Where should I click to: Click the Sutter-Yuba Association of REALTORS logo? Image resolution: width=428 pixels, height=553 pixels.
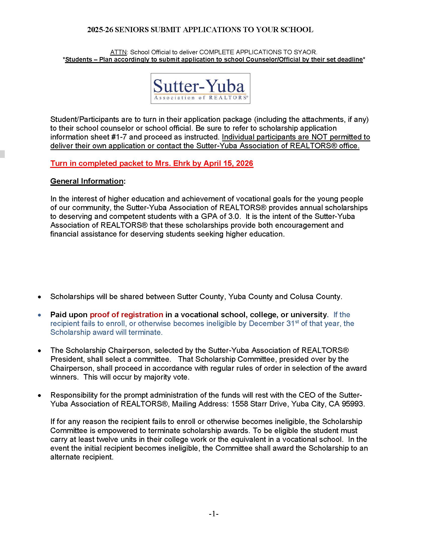[200, 88]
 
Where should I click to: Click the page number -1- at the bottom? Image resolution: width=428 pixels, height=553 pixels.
[213, 514]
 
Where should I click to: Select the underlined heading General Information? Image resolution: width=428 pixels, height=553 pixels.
[87, 181]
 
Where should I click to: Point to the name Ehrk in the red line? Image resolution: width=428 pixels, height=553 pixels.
[182, 163]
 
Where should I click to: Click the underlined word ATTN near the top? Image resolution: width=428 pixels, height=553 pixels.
[118, 52]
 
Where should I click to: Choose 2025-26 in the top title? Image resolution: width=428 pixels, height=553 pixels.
[100, 30]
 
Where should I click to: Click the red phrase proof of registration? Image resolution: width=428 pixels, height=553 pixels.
[126, 314]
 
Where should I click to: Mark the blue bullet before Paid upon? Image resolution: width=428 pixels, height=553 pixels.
[40, 315]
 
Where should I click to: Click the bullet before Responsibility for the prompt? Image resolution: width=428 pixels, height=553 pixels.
[40, 395]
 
